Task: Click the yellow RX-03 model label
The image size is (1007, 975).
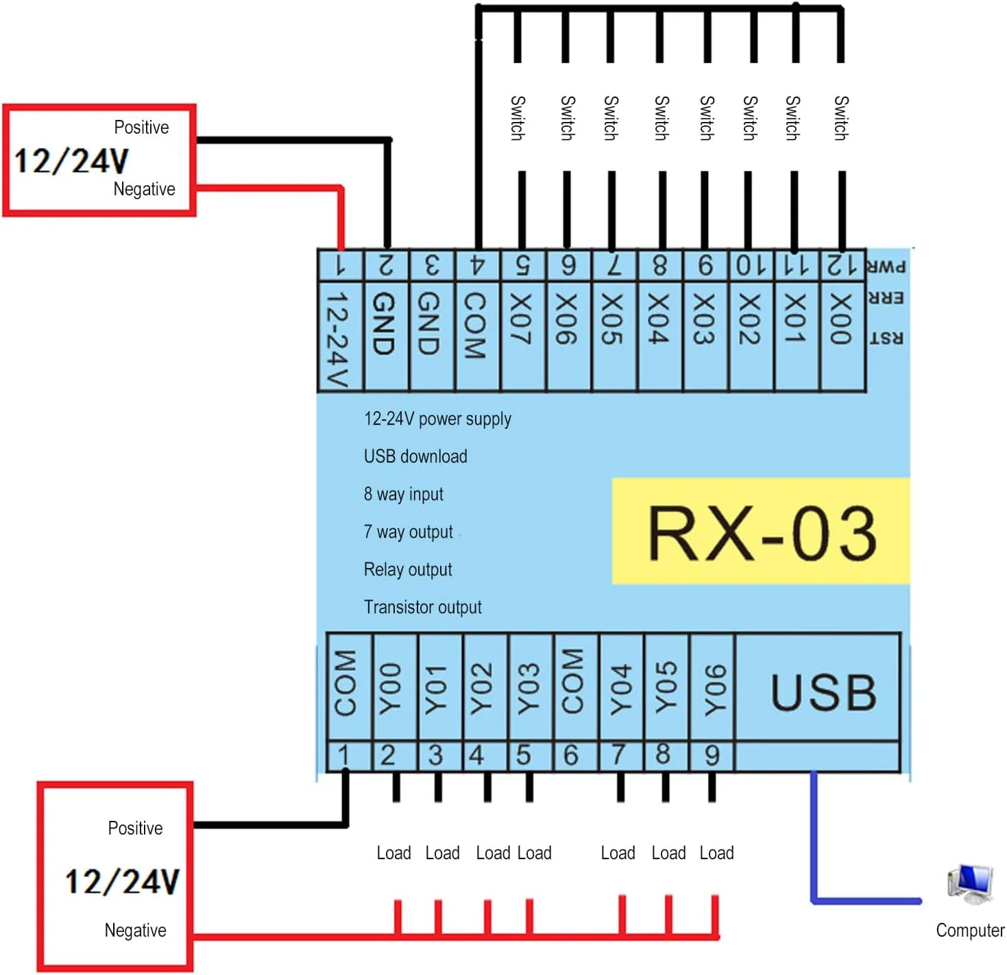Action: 761,532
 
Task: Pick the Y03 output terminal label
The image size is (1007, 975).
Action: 529,688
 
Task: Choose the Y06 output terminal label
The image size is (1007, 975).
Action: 713,688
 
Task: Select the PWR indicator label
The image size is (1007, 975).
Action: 886,267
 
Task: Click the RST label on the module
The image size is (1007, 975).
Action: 886,338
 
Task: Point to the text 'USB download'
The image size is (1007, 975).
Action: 415,456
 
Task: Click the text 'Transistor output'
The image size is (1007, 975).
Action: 422,607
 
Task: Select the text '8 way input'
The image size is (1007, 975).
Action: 403,494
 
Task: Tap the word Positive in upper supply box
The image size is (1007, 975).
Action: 141,127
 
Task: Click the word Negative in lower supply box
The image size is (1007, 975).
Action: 135,930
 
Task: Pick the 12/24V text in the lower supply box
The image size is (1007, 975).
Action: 122,881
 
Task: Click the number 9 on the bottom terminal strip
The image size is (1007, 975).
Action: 712,756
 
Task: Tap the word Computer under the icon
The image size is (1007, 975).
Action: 970,930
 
